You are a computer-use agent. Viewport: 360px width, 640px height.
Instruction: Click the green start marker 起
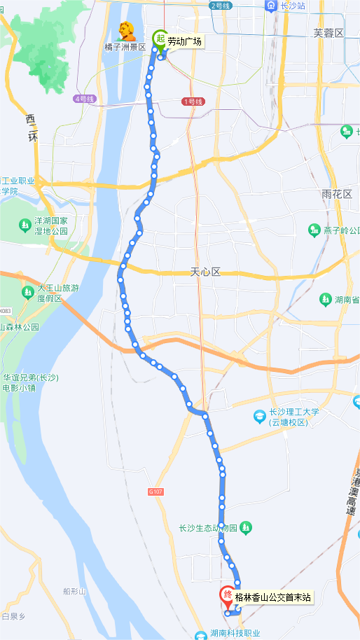160,40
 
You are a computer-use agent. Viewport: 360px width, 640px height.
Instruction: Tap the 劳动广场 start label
185,42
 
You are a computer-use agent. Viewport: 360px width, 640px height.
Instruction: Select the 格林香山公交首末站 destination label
273,598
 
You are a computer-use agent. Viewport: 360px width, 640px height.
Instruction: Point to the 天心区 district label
205,272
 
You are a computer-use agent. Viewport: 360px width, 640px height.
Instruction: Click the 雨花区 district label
336,194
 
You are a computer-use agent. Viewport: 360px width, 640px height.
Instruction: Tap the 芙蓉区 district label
329,33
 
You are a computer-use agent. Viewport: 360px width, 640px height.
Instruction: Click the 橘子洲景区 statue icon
127,32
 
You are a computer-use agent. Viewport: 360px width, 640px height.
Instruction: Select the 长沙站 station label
292,6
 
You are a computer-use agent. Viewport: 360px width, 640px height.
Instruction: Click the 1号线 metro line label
192,102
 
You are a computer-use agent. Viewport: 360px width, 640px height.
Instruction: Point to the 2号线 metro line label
220,6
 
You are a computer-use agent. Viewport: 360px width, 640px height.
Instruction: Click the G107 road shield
156,492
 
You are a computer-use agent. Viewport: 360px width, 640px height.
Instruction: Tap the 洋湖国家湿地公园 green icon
24,225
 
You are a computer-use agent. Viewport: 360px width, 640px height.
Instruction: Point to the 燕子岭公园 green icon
314,230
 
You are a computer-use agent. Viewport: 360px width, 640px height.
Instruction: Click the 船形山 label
74,591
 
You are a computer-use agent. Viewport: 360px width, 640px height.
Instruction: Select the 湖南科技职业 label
235,633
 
